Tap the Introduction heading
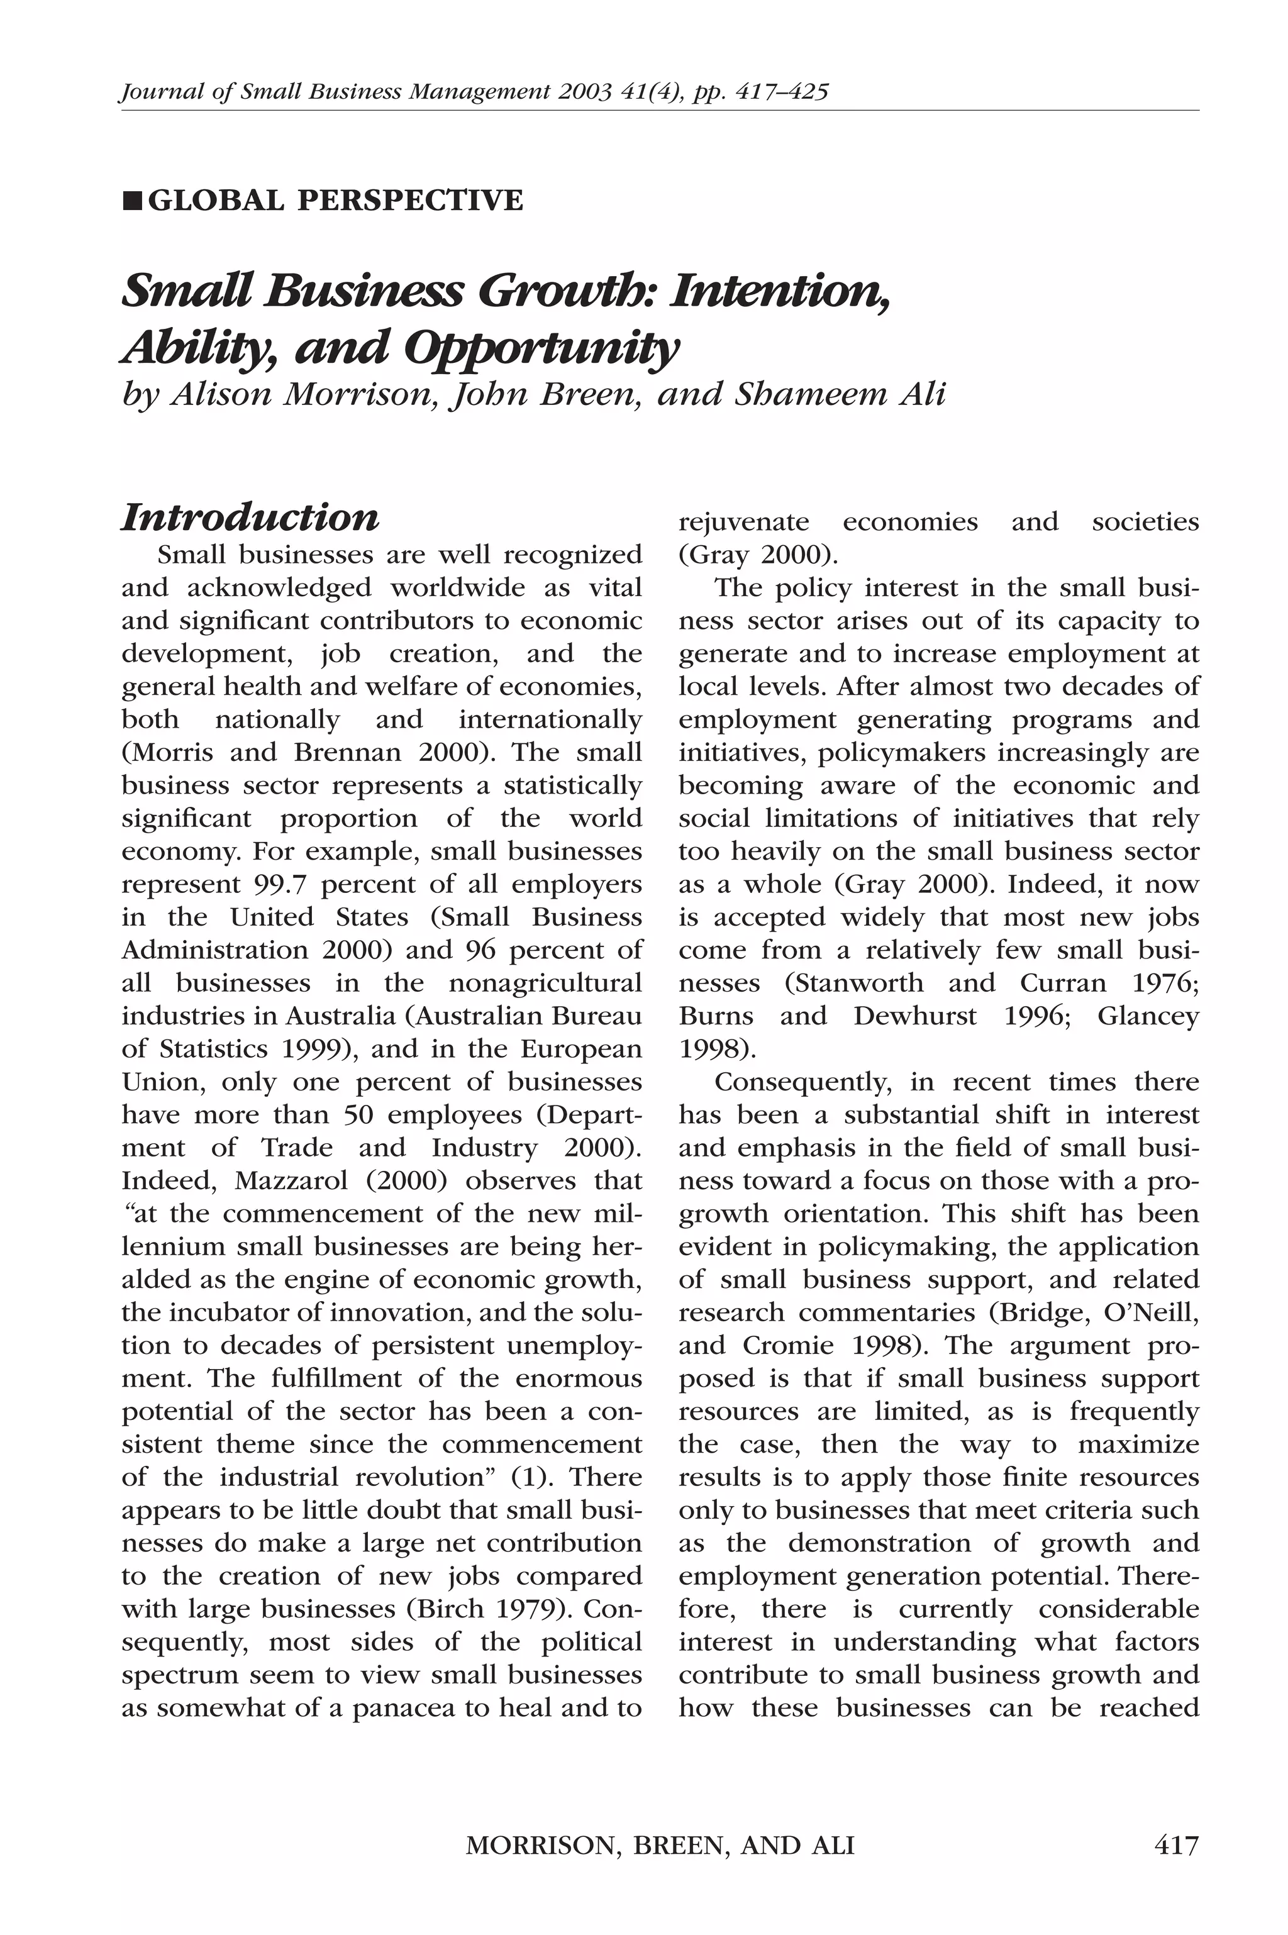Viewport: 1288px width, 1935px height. click(250, 518)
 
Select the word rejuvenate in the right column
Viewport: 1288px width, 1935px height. click(743, 523)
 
